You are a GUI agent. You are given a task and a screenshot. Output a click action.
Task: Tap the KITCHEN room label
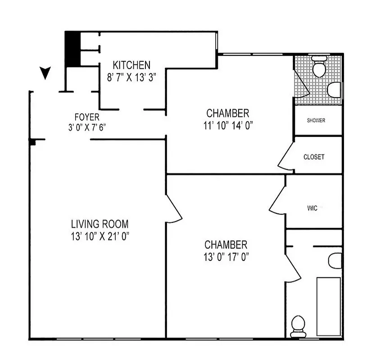pyautogui.click(x=131, y=65)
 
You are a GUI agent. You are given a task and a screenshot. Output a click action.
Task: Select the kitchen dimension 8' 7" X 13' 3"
pyautogui.click(x=131, y=76)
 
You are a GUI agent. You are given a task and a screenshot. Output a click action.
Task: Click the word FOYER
pyautogui.click(x=87, y=118)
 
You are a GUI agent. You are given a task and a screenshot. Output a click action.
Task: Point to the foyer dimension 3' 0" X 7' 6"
pyautogui.click(x=87, y=128)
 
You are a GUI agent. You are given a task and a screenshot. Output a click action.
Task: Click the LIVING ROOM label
pyautogui.click(x=100, y=224)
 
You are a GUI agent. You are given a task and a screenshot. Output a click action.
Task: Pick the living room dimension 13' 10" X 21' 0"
pyautogui.click(x=100, y=235)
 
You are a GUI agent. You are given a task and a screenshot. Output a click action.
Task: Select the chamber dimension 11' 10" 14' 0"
pyautogui.click(x=227, y=126)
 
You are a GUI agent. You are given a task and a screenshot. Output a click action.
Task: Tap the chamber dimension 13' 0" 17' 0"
pyautogui.click(x=226, y=257)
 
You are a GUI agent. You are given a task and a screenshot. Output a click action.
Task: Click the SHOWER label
pyautogui.click(x=316, y=121)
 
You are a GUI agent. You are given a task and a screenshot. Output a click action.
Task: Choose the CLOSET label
pyautogui.click(x=314, y=157)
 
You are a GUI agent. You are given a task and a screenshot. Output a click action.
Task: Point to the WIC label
pyautogui.click(x=313, y=208)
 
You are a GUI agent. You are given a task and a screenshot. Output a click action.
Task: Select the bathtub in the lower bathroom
pyautogui.click(x=329, y=306)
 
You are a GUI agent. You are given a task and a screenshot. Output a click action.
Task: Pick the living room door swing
pyautogui.click(x=173, y=210)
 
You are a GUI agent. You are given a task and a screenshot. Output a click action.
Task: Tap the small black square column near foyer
pyautogui.click(x=32, y=142)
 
